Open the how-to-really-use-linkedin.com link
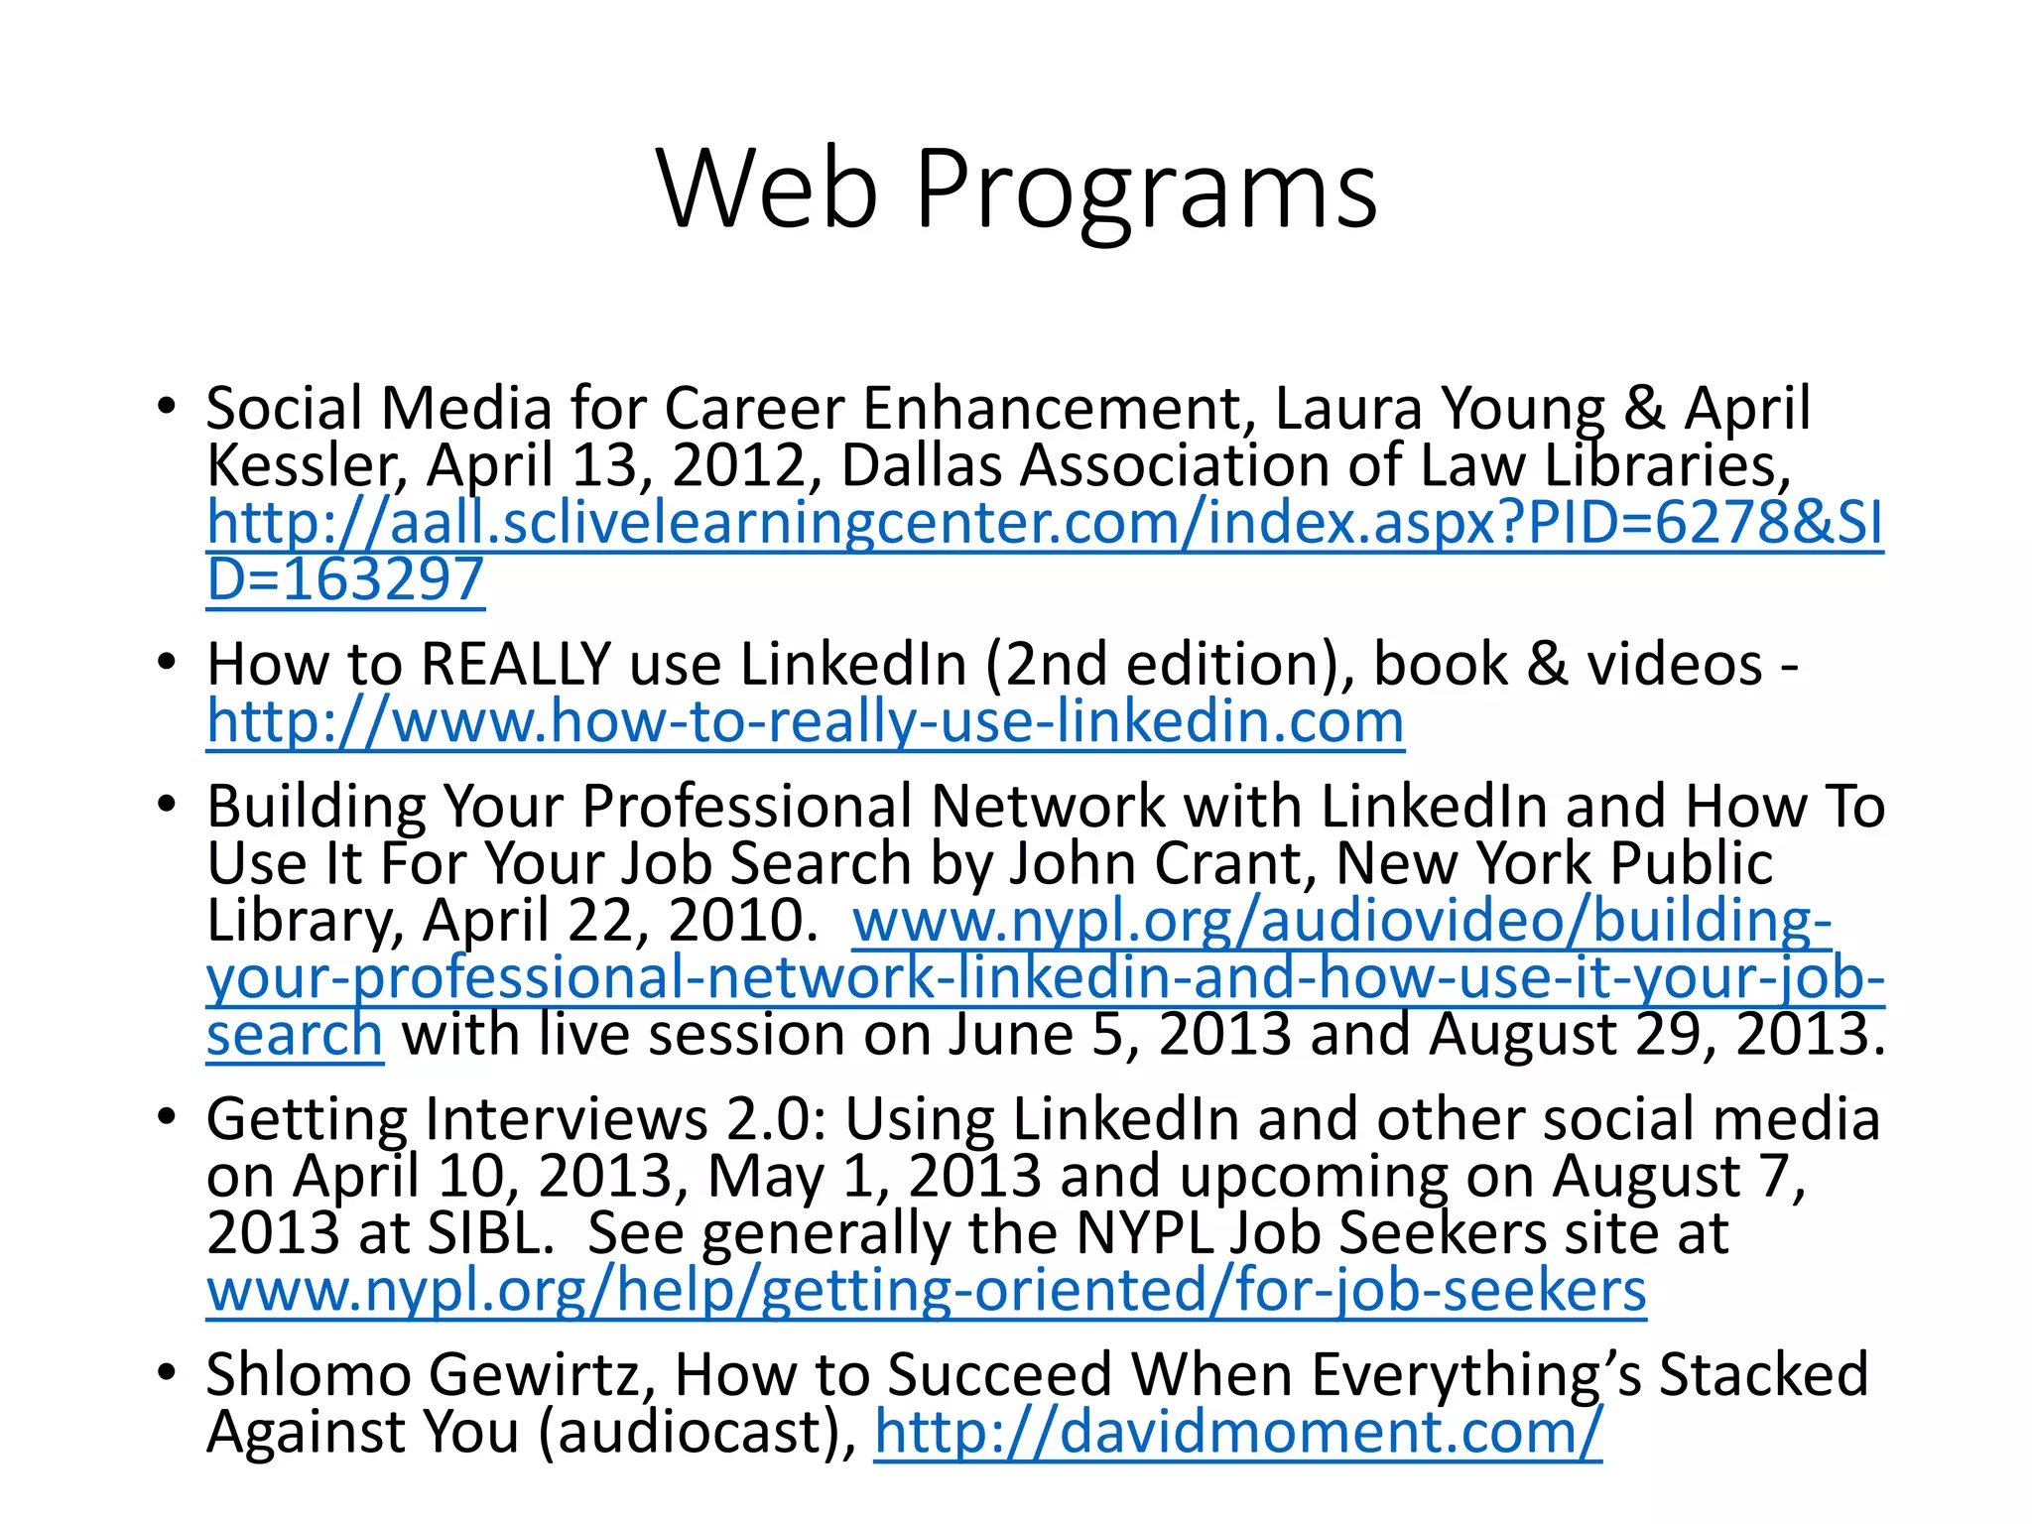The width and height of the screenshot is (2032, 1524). [x=805, y=721]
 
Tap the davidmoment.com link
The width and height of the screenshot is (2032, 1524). [x=1237, y=1432]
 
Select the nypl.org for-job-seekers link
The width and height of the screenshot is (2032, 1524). [x=926, y=1291]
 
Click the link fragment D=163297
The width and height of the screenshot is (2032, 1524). [x=344, y=579]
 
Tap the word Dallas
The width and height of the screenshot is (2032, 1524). [x=920, y=465]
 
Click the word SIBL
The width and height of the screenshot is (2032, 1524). [x=489, y=1233]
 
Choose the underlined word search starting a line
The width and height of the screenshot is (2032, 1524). [x=294, y=1035]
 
